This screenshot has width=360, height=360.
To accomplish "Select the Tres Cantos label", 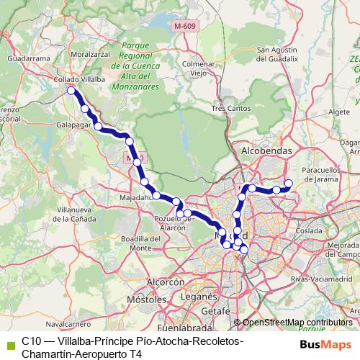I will [x=231, y=108].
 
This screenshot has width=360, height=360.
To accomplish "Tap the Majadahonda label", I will [x=136, y=196].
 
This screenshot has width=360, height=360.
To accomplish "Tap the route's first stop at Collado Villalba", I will [x=71, y=91].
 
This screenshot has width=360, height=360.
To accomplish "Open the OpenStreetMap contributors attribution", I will [x=297, y=323].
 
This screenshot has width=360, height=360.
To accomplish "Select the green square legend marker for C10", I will [x=9, y=341].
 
